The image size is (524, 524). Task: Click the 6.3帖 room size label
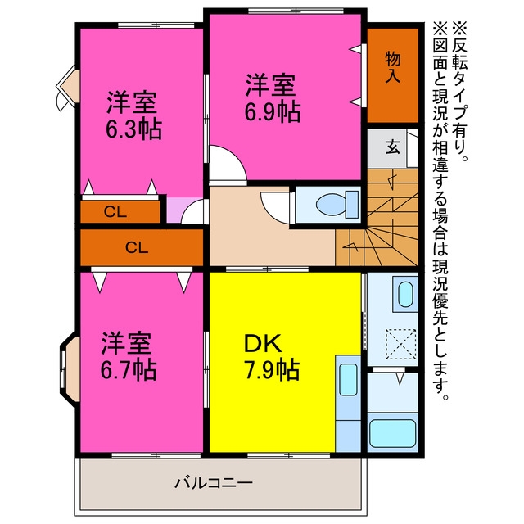133,129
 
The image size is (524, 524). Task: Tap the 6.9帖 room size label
273,112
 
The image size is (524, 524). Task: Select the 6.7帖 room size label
129,369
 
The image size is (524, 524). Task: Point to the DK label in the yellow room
263,344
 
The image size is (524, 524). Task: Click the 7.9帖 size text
271,369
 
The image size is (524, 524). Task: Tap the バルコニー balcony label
214,483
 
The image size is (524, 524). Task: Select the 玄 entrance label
393,147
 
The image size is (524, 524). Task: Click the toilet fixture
337,204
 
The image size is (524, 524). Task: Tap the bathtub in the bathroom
392,433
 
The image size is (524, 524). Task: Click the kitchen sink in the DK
348,380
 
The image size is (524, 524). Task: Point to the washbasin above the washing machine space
405,295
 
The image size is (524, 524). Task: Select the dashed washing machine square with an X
400,344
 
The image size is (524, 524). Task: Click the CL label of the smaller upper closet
115,211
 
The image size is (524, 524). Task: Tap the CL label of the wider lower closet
137,247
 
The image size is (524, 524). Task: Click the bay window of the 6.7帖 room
70,369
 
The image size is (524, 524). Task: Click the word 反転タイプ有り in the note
460,92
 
